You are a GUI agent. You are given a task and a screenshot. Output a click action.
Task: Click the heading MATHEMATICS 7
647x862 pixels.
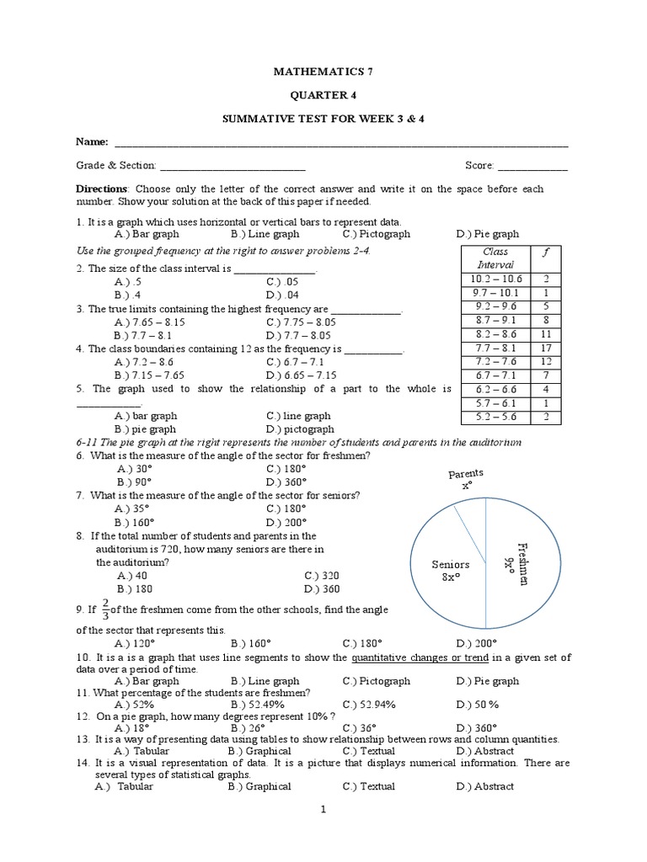pos(323,72)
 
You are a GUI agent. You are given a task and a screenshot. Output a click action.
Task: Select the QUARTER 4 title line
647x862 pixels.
pos(323,95)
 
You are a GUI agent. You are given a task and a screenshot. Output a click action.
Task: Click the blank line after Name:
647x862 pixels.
pos(341,144)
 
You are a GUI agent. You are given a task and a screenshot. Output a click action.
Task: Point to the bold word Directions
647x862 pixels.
pos(101,189)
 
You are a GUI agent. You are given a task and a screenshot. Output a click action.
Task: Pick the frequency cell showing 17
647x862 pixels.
pos(546,347)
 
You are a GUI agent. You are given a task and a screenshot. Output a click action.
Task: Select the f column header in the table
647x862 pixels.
pos(546,252)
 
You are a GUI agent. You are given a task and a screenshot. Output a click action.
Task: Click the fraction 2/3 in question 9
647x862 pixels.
pos(105,609)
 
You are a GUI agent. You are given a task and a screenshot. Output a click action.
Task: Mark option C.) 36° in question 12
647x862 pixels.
pos(360,727)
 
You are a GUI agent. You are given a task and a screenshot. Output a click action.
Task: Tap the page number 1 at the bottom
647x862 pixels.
pos(322,809)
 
